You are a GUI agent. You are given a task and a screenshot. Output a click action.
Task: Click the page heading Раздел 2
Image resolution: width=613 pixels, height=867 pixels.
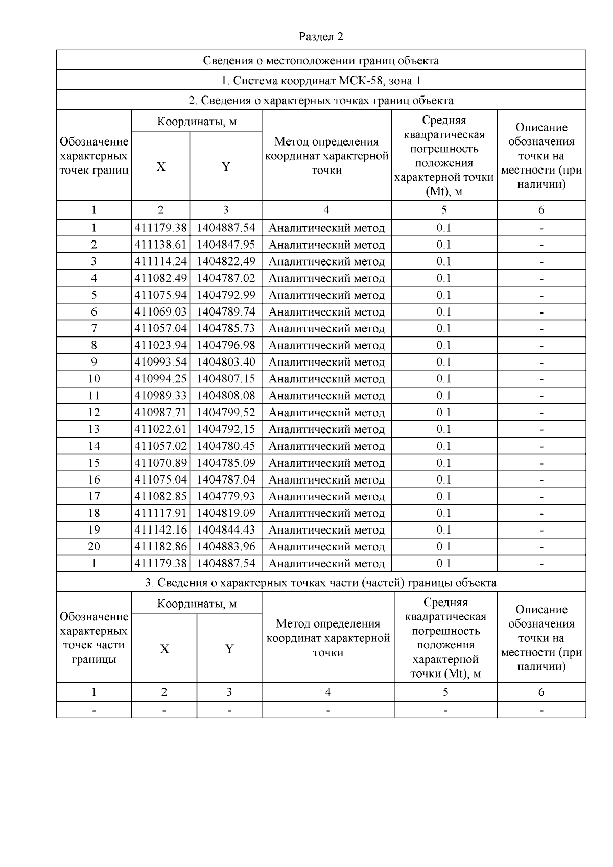pos(320,37)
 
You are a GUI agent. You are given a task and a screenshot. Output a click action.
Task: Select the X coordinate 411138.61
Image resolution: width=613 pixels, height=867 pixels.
pos(160,245)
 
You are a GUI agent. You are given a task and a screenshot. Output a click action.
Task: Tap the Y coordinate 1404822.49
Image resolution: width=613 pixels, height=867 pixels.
pos(226,261)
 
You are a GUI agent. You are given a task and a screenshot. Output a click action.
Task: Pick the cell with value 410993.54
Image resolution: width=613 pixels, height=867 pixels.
pos(160,362)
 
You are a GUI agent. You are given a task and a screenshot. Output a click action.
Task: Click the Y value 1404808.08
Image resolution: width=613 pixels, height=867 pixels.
pos(226,396)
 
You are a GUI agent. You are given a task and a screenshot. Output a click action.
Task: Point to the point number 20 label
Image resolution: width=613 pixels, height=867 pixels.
pos(93,547)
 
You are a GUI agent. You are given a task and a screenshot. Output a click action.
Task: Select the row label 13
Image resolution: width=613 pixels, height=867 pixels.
pos(93,429)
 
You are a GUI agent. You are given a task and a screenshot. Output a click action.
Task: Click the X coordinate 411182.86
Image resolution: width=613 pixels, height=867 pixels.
pos(160,547)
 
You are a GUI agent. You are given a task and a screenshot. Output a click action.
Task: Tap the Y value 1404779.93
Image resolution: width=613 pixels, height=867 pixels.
pos(226,496)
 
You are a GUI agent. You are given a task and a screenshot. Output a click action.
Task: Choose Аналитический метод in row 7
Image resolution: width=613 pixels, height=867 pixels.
pos(326,328)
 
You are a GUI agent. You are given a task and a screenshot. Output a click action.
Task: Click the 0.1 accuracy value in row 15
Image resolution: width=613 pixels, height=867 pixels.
pos(443,463)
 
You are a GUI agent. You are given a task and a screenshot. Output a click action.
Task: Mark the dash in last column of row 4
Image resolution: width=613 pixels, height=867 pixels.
pos(541,278)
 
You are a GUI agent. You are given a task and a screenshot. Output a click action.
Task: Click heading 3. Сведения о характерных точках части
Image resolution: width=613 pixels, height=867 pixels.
pos(321,583)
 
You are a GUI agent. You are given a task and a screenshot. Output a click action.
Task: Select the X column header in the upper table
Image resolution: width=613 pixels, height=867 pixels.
pos(160,166)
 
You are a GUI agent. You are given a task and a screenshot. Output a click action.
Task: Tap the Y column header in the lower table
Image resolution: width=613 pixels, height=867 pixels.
pos(229,648)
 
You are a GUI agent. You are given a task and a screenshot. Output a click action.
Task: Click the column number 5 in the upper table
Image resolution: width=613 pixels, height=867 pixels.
pos(443,210)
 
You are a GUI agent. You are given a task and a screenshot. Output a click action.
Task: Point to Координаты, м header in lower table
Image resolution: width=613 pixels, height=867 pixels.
pos(197,604)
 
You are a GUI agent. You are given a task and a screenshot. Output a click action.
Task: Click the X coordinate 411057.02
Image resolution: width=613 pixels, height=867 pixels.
pos(160,446)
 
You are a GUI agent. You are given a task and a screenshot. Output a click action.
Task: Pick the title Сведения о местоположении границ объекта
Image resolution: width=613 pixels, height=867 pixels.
pos(321,61)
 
